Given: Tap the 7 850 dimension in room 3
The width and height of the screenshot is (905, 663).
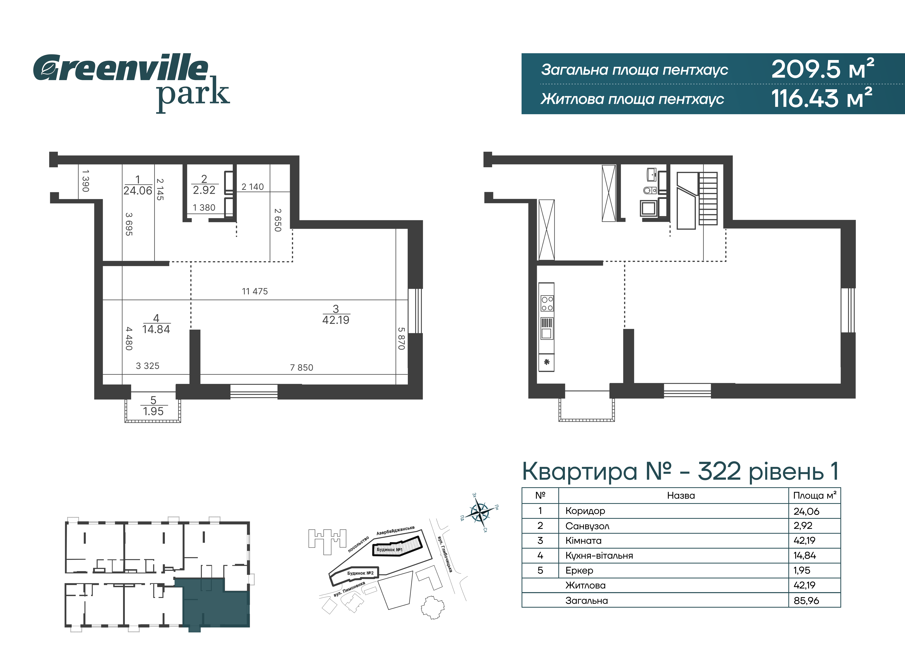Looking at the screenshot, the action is click(x=302, y=368).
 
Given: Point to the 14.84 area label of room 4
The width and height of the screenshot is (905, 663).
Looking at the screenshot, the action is click(x=156, y=329).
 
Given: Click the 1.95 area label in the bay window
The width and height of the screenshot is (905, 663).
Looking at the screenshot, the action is click(x=153, y=411).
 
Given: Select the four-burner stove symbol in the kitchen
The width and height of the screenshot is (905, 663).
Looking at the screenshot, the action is click(x=547, y=303).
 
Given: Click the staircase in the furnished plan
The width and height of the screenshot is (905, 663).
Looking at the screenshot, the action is click(x=708, y=199).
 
